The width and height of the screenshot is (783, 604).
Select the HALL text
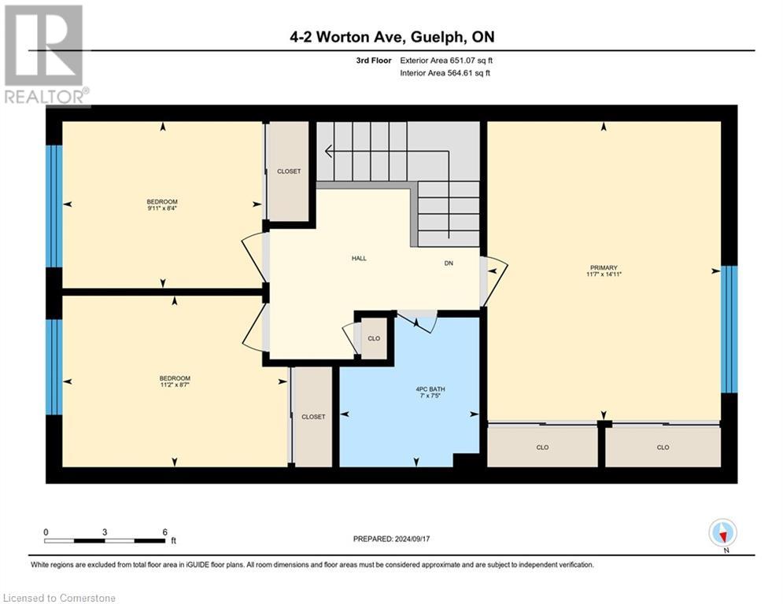click(359, 258)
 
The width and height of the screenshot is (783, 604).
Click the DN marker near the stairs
click(449, 264)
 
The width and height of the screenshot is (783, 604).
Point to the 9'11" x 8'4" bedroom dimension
click(162, 208)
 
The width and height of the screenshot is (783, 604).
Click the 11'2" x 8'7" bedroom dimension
click(175, 385)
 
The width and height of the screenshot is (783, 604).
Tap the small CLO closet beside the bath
click(374, 339)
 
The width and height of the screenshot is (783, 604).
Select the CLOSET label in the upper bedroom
click(289, 171)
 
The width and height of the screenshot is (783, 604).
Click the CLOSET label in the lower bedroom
click(313, 417)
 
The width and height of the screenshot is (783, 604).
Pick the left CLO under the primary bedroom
click(542, 447)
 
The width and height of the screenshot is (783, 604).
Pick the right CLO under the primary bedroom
click(663, 447)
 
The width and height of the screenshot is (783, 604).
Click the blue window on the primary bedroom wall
click(729, 329)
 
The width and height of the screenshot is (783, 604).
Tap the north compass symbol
click(722, 532)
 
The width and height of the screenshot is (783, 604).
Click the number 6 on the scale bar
click(164, 532)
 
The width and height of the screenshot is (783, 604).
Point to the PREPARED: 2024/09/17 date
click(393, 539)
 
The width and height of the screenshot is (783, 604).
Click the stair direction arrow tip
click(327, 151)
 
